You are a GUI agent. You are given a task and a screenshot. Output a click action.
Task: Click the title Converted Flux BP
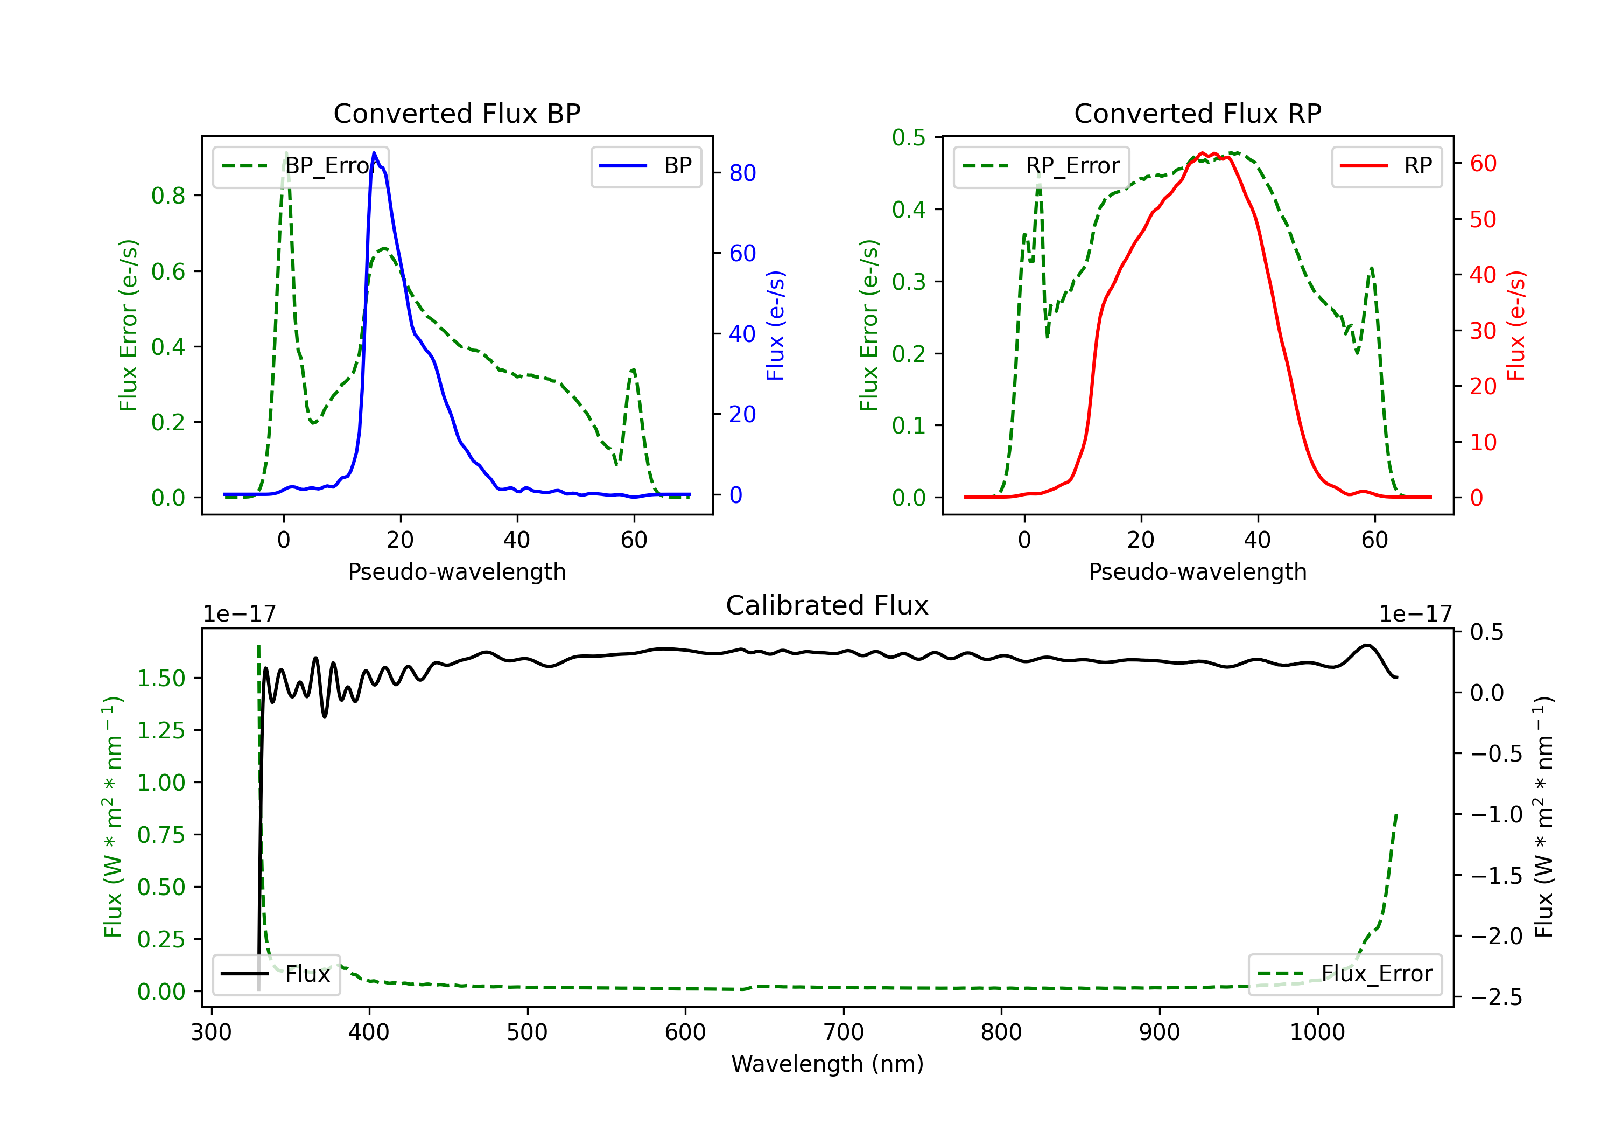coord(457,113)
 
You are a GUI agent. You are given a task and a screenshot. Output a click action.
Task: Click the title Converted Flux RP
coord(1197,113)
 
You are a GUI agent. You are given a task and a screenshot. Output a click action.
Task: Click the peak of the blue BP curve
coord(374,153)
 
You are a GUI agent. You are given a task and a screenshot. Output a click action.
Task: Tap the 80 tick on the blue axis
coord(742,173)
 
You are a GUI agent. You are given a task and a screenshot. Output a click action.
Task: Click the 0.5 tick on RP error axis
coord(909,137)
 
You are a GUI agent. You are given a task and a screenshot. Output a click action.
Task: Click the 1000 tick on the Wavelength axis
coord(1317,1032)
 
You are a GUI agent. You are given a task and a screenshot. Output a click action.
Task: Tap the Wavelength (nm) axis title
coord(827,1064)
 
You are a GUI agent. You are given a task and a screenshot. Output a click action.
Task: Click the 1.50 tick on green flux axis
coord(161,679)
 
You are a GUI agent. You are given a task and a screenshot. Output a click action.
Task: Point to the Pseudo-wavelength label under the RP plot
coord(1197,571)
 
